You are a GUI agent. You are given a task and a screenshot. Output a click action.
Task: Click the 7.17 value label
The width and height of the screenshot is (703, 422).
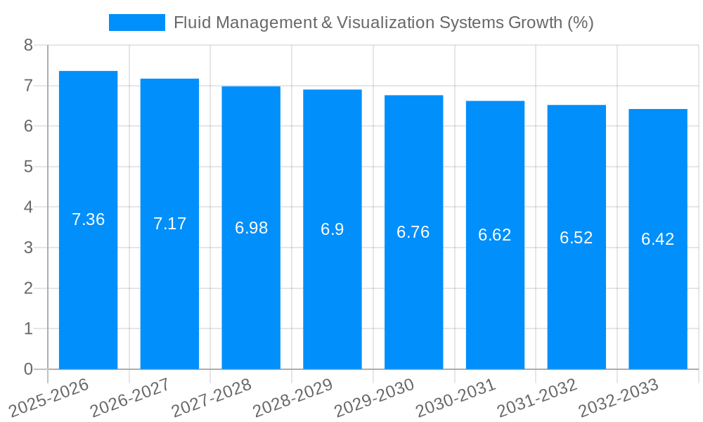tap(169, 224)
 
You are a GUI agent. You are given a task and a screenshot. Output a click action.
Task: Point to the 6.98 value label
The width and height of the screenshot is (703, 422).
tap(251, 228)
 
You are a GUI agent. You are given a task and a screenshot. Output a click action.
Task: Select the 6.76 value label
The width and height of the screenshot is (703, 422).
tap(413, 232)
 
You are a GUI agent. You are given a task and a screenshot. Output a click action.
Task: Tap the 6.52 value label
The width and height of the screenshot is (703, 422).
tap(576, 238)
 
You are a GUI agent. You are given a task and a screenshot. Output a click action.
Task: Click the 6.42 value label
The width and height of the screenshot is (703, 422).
tap(658, 239)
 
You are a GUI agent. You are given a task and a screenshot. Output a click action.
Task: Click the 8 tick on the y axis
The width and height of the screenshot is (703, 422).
tap(28, 45)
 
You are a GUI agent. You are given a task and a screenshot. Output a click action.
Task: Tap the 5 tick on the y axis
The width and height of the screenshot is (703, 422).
tap(28, 167)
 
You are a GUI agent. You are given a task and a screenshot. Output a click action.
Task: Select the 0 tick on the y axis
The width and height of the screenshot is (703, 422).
tap(28, 369)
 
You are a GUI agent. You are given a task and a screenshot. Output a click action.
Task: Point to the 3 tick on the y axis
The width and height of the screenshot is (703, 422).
tap(28, 248)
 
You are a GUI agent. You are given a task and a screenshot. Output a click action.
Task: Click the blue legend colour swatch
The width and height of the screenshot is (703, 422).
tap(136, 23)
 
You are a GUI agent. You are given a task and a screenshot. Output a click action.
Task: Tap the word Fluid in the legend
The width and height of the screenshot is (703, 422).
tap(191, 23)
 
